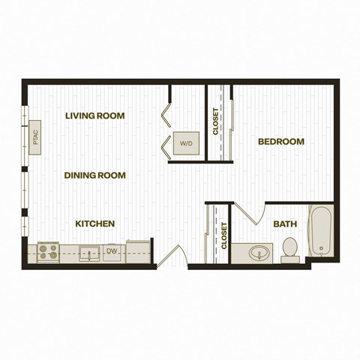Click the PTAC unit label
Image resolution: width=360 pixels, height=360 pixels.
pyautogui.click(x=36, y=137)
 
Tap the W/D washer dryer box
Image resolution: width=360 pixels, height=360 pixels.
pyautogui.click(x=187, y=143)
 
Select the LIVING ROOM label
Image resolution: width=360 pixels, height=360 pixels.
pyautogui.click(x=95, y=115)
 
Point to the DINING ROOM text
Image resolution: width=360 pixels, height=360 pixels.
pyautogui.click(x=95, y=175)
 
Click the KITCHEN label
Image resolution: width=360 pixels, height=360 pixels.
pyautogui.click(x=95, y=223)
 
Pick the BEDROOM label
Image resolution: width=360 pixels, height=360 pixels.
pyautogui.click(x=281, y=142)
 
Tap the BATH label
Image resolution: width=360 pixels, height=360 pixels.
pyautogui.click(x=285, y=224)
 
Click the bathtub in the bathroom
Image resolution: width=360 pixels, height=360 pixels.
pyautogui.click(x=321, y=230)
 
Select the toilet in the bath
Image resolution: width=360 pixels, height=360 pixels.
pyautogui.click(x=290, y=250)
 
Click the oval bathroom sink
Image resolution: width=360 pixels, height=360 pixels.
pyautogui.click(x=259, y=253)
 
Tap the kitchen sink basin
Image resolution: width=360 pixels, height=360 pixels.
pyautogui.click(x=89, y=253)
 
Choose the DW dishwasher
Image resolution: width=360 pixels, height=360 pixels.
pyautogui.click(x=112, y=253)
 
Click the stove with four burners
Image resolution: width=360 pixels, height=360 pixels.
pyautogui.click(x=48, y=253)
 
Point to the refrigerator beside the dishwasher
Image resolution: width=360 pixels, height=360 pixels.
pyautogui.click(x=139, y=251)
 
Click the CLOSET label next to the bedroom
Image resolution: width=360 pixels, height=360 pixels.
pyautogui.click(x=215, y=121)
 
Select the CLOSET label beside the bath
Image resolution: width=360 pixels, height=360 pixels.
pyautogui.click(x=224, y=235)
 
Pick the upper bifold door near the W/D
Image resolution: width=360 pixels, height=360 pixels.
pyautogui.click(x=166, y=115)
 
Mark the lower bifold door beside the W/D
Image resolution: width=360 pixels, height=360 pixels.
pyautogui.click(x=166, y=148)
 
